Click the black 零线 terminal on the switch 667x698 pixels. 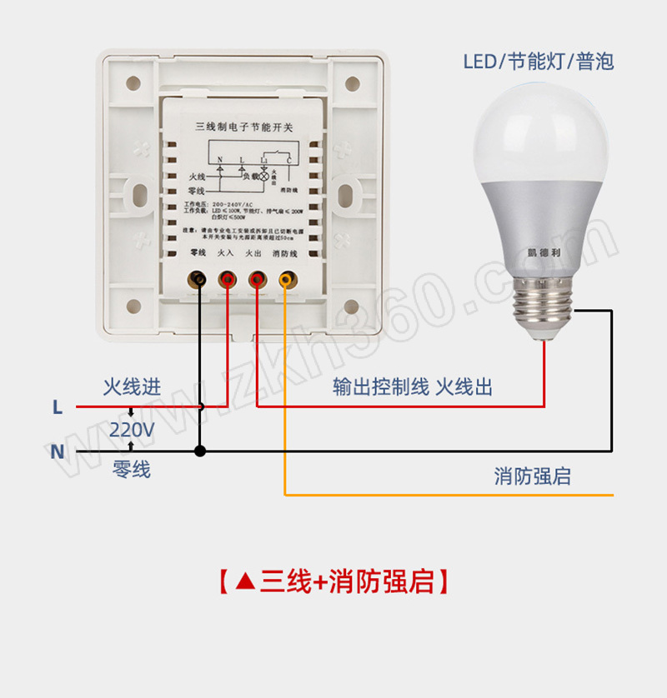coord(198,279)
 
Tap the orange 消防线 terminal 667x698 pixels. coord(286,279)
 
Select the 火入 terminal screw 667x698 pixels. coord(226,279)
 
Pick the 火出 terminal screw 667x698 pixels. coord(255,279)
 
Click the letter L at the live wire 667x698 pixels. coord(57,407)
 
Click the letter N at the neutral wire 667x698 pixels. coord(57,451)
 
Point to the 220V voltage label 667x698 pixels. coord(132,430)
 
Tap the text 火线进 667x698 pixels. coord(132,387)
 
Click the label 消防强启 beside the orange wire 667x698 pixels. coord(532,476)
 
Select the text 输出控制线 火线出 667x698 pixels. coord(413,387)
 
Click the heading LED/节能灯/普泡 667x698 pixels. coord(539,62)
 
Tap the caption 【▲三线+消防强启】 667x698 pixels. coord(333,581)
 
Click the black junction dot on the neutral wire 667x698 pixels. coord(199,451)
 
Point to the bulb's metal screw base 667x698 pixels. coord(546,307)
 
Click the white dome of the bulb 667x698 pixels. coord(543,133)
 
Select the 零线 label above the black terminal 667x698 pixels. coord(198,252)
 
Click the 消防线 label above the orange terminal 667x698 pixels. coord(284,252)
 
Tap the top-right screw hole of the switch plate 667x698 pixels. coord(352,83)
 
